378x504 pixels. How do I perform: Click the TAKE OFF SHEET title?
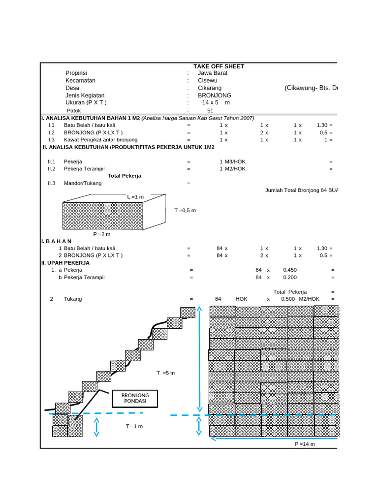[x=219, y=66]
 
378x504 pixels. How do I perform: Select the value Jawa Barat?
[x=213, y=73]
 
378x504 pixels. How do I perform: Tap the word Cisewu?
[x=207, y=80]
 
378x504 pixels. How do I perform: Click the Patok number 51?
[x=210, y=111]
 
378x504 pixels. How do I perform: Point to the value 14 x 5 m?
[x=216, y=102]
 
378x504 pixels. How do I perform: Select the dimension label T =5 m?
[x=166, y=373]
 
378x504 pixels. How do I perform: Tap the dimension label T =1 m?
[x=134, y=426]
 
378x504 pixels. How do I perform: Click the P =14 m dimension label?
[x=305, y=444]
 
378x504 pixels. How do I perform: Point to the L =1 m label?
[x=135, y=197]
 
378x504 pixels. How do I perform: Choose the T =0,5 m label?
[x=185, y=210]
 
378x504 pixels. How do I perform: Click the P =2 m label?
[x=102, y=234]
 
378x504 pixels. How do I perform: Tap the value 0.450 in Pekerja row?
[x=290, y=270]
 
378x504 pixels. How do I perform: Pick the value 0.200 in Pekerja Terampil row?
[x=290, y=277]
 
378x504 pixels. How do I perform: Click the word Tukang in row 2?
[x=73, y=299]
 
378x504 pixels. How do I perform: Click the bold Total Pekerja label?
[x=125, y=176]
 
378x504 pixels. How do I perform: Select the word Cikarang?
[x=210, y=88]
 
